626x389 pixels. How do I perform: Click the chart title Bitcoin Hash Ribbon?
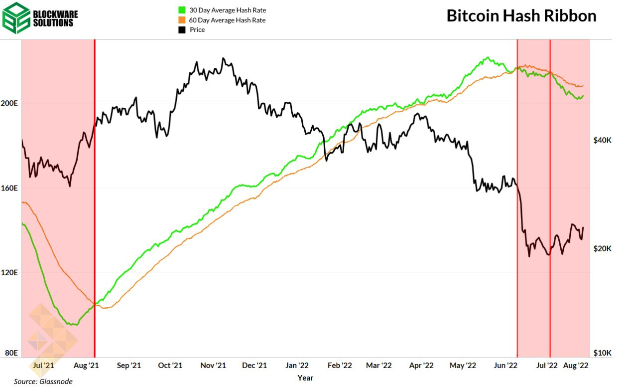pyautogui.click(x=521, y=15)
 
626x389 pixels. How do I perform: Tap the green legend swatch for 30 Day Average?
pyautogui.click(x=181, y=10)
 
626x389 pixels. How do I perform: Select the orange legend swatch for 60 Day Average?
pyautogui.click(x=181, y=20)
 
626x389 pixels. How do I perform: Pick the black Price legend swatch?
pyautogui.click(x=181, y=30)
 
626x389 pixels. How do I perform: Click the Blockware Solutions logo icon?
pyautogui.click(x=16, y=17)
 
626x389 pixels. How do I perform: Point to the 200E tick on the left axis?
pyautogui.click(x=11, y=103)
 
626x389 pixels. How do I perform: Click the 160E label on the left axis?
pyautogui.click(x=11, y=189)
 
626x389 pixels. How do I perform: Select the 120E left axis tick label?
pyautogui.click(x=11, y=273)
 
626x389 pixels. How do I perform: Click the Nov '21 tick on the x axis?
pyautogui.click(x=213, y=366)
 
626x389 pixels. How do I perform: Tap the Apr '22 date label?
pyautogui.click(x=421, y=366)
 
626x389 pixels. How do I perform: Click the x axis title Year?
pyautogui.click(x=305, y=378)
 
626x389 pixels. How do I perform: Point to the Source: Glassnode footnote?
pyautogui.click(x=43, y=382)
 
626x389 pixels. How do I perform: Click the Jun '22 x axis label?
pyautogui.click(x=505, y=366)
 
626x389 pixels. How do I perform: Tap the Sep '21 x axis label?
pyautogui.click(x=129, y=366)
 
